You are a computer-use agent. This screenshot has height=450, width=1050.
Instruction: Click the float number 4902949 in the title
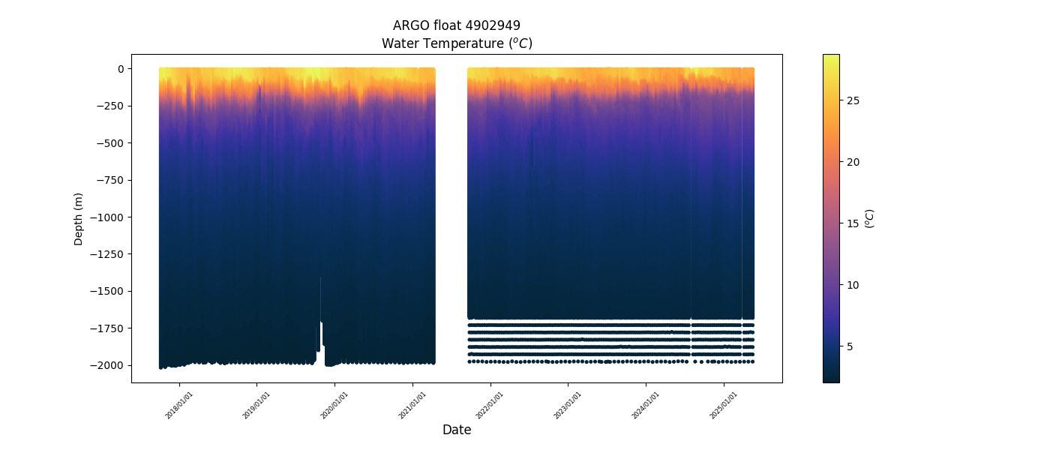490,25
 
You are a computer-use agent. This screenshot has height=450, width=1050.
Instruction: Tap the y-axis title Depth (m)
79,218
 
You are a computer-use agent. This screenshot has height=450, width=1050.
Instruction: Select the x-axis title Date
457,430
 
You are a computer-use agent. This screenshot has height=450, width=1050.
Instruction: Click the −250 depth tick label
111,106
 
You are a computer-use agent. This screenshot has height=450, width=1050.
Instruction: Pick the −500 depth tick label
111,143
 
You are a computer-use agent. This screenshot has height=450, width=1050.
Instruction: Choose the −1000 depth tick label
109,217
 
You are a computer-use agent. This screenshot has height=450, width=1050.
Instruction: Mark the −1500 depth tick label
109,291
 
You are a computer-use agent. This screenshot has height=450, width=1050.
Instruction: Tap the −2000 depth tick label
109,365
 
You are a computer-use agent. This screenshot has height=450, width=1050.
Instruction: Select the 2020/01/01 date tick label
335,405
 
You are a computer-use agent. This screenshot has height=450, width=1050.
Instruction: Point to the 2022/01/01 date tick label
490,405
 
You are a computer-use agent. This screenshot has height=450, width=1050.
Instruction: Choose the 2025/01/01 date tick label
724,405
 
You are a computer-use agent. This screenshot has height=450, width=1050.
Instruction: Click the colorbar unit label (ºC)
869,218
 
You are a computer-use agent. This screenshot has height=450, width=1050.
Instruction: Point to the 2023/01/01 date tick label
568,405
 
